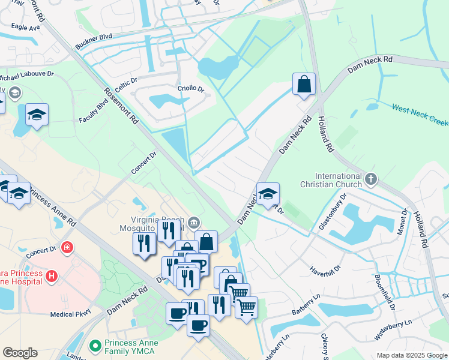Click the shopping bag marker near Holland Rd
tap(304, 84)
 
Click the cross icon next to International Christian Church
tap(372, 178)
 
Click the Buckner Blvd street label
tap(94, 41)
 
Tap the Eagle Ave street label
tap(26, 27)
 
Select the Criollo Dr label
tap(191, 89)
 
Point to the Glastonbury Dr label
tap(333, 212)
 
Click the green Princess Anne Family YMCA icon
tap(94, 346)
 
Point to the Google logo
tap(20, 353)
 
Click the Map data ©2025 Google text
tap(412, 355)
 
